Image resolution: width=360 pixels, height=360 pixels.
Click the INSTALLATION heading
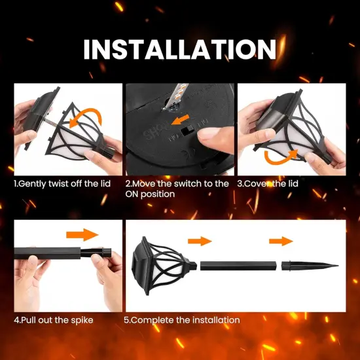click(179, 49)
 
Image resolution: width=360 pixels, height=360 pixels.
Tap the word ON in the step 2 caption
click(136, 194)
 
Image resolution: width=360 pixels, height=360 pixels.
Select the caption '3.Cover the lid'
click(268, 184)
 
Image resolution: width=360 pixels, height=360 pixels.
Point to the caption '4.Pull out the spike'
click(54, 320)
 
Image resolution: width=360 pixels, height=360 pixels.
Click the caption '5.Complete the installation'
click(183, 320)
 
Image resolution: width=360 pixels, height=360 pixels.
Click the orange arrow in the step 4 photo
click(82, 235)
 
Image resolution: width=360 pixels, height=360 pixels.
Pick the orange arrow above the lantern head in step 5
click(200, 241)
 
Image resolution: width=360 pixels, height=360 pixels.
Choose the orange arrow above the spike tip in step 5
click(281, 241)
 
